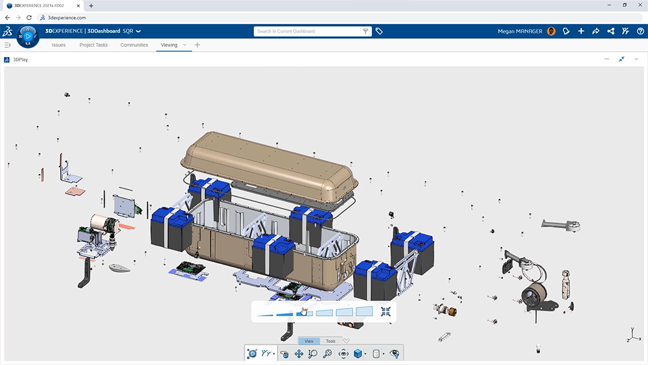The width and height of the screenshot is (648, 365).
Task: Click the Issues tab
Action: [58, 45]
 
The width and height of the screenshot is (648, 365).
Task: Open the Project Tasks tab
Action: [93, 45]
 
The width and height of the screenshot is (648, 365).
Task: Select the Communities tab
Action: [134, 45]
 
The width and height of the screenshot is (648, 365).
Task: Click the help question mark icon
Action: [640, 31]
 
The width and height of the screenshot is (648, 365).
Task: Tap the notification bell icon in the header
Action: [566, 31]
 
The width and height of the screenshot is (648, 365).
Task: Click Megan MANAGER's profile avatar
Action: [551, 31]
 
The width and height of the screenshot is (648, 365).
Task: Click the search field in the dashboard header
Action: [308, 31]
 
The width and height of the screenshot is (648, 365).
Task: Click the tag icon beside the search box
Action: [379, 31]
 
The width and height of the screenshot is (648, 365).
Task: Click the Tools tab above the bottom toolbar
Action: [330, 341]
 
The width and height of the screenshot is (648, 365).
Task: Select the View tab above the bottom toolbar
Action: [309, 341]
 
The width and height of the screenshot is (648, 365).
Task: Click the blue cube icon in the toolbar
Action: [358, 354]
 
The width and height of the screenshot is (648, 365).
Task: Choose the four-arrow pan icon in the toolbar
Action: [299, 354]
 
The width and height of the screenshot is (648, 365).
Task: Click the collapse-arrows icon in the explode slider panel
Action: [386, 312]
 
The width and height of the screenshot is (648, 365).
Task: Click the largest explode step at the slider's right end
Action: [364, 312]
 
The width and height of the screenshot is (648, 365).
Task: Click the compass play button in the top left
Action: [28, 36]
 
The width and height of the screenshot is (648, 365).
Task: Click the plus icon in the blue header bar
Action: [581, 31]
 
